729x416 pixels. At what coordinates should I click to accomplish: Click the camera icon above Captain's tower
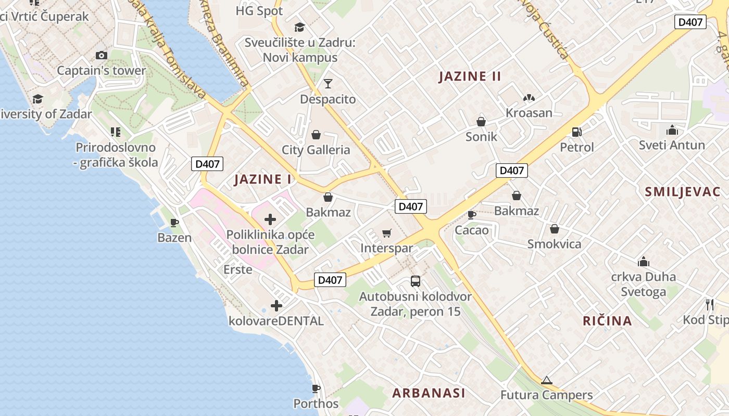(102, 55)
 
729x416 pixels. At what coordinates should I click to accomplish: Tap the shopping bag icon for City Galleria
(316, 135)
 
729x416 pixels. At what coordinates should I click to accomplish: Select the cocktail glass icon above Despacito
(328, 83)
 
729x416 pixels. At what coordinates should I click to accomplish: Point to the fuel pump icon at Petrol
(576, 132)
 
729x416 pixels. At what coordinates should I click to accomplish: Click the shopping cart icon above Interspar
(386, 233)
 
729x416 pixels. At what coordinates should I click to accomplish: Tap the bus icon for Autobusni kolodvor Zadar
(416, 281)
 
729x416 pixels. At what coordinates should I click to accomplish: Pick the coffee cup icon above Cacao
(472, 214)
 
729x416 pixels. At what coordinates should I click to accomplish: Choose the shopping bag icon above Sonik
(481, 122)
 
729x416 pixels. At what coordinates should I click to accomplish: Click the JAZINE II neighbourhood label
(470, 76)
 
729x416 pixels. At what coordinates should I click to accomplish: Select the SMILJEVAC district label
(683, 191)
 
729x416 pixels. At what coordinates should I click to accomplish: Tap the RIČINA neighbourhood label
(607, 321)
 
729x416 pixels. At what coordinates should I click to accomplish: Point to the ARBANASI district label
(429, 393)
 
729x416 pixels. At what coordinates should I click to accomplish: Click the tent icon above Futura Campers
(546, 380)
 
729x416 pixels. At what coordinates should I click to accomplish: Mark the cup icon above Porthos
(316, 388)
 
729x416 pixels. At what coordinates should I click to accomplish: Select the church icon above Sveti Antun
(672, 130)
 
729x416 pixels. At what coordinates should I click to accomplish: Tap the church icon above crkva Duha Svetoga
(644, 261)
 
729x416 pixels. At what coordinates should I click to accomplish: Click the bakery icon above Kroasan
(529, 98)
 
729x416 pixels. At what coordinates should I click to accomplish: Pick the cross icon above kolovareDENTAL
(276, 306)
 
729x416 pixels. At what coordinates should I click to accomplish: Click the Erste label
(238, 269)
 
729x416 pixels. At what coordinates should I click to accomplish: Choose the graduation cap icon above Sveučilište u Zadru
(299, 27)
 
